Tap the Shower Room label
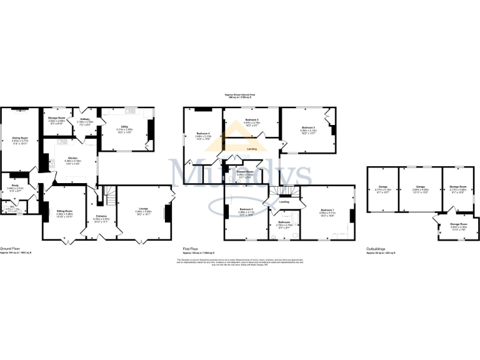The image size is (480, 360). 244,171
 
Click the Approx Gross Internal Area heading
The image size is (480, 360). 240,95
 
